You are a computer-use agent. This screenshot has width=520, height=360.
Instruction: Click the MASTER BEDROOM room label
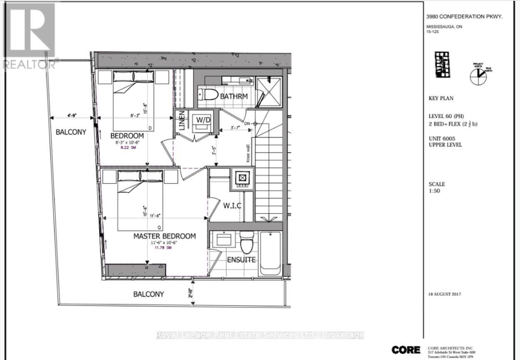[x=164, y=236]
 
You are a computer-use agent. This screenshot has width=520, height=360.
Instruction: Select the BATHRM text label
[x=234, y=96]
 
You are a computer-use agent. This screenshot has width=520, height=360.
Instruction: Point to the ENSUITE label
[x=241, y=260]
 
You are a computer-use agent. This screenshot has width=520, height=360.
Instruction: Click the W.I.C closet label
[x=232, y=206]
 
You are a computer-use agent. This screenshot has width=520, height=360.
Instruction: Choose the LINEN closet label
[x=181, y=121]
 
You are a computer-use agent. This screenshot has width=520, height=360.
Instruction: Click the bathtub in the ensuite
[x=270, y=253]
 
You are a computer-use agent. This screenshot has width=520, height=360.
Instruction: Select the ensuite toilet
[x=246, y=242]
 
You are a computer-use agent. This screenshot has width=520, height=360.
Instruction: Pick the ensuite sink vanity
[x=224, y=240]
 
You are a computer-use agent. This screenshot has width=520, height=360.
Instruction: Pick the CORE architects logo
[x=406, y=350]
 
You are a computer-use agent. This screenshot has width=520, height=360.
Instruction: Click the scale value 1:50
[x=435, y=191]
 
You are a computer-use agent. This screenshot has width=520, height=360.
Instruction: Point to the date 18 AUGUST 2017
[x=445, y=294]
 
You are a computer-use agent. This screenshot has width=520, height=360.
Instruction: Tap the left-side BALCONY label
[x=71, y=132]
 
